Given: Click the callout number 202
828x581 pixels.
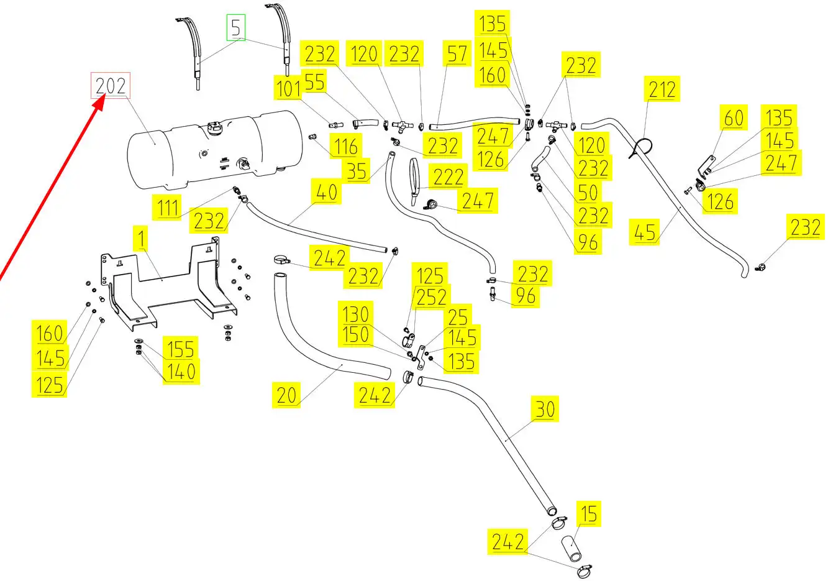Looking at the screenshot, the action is pos(111,86).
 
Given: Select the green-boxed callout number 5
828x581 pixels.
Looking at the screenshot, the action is pos(235,27).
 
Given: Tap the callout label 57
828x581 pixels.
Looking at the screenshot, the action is pos(457,54).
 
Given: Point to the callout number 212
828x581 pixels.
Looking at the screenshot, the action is pos(662,89).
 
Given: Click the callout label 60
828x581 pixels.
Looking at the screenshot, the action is pos(734,118).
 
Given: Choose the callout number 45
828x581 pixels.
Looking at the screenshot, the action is pos(645,232).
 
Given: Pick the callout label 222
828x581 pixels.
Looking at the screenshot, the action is pos(448,177).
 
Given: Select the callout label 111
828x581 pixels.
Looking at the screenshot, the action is pos(168,208).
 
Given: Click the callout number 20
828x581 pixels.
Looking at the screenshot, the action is pos(286,395).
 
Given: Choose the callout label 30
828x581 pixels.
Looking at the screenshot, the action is pos(545,409).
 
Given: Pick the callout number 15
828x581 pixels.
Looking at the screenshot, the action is pos(588,513).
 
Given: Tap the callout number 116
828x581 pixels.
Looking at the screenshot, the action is pos(345,147).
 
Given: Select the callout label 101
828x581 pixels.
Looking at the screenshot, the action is pos(288,89).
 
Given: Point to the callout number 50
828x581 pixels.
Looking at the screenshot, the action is pos(588,192).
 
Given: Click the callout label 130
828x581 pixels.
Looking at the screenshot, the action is pos(355,314).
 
